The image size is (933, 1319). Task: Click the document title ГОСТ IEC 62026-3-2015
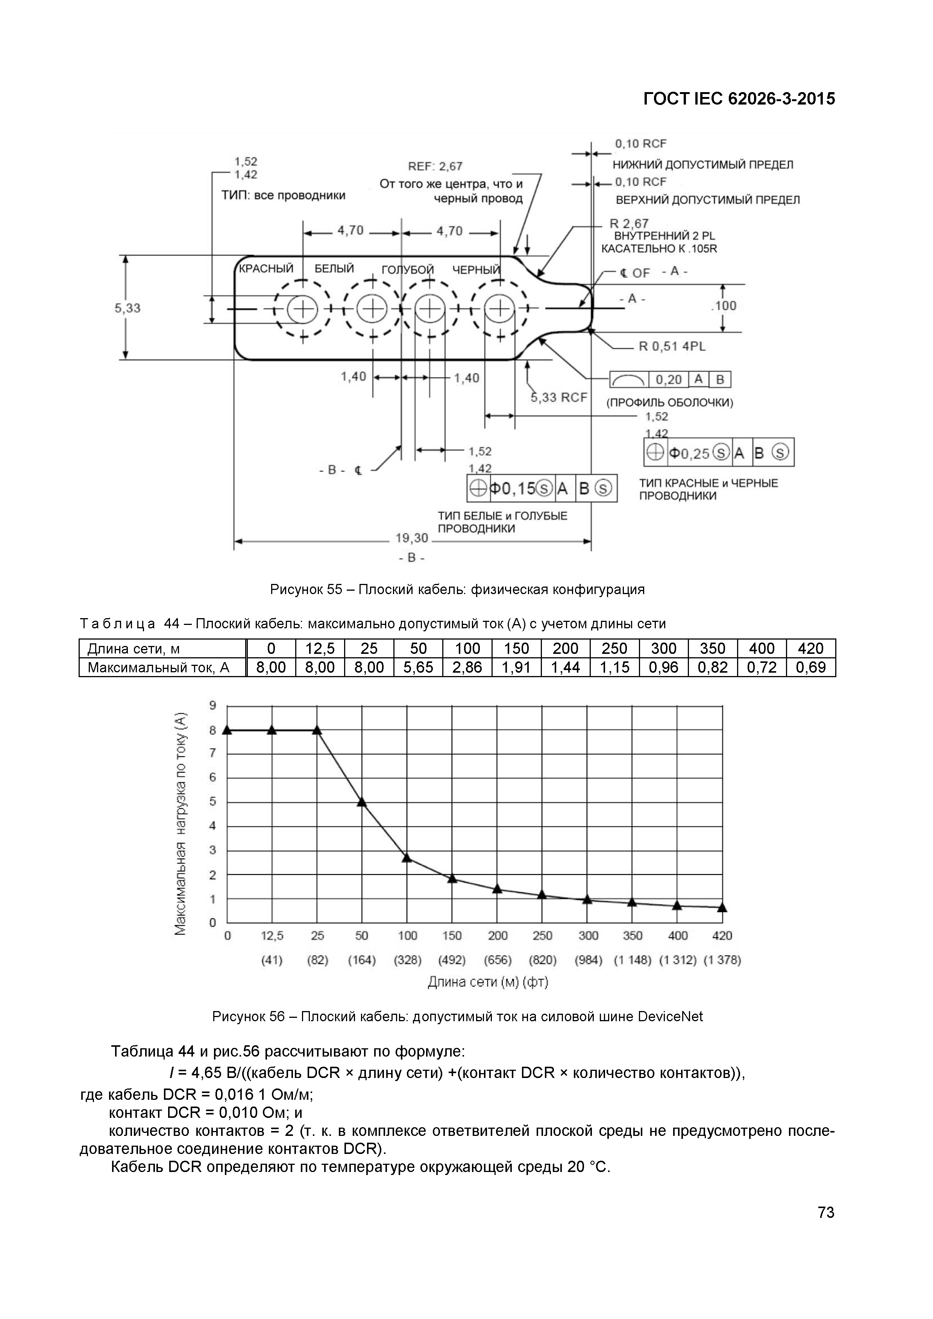[739, 99]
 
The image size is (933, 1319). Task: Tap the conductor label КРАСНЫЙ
[266, 269]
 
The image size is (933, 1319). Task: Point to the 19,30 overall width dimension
[411, 538]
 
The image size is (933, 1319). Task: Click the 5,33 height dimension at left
[127, 308]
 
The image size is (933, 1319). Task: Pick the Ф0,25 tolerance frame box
[719, 453]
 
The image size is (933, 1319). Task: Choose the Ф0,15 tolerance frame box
[542, 488]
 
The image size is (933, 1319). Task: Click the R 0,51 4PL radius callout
[672, 346]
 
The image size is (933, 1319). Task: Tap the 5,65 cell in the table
[418, 667]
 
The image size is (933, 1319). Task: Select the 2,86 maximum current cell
[467, 667]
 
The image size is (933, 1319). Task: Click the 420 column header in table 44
[811, 649]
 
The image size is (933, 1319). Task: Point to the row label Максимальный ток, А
[159, 667]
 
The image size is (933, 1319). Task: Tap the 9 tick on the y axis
[212, 705]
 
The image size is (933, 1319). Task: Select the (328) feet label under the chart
[407, 960]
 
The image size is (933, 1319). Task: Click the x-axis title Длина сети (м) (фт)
[488, 982]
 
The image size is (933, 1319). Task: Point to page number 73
[825, 1212]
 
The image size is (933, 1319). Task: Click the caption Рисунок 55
[457, 590]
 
